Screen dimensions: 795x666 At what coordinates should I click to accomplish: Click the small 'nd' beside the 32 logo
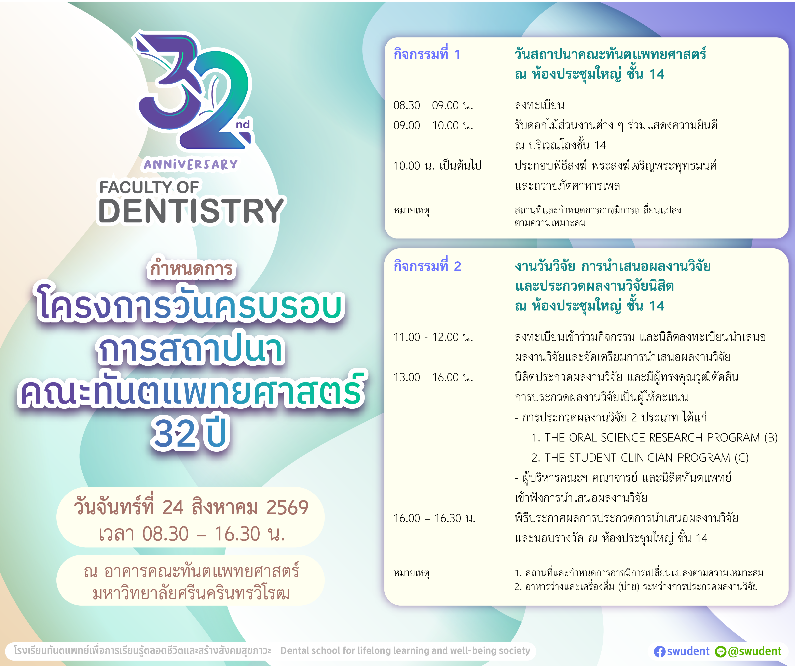click(243, 125)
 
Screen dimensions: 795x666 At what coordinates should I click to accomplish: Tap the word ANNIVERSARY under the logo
click(190, 164)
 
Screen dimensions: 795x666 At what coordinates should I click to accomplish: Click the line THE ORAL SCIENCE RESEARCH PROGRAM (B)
click(654, 438)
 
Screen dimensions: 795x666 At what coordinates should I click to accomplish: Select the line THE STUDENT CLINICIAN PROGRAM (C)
click(640, 458)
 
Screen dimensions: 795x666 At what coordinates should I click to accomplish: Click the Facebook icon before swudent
click(659, 651)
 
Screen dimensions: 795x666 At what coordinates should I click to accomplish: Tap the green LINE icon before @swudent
click(721, 651)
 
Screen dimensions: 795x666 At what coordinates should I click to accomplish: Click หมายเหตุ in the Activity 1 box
click(411, 210)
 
